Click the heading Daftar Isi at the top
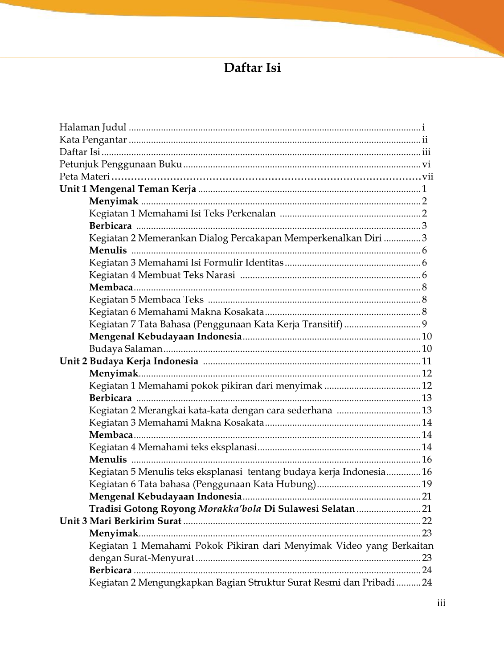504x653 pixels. (252, 68)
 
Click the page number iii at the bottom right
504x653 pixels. (441, 603)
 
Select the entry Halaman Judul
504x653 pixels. (93, 127)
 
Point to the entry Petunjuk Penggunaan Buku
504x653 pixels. (121, 164)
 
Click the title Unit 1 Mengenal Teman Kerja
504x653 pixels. (128, 189)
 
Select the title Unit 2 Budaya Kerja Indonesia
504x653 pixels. (129, 361)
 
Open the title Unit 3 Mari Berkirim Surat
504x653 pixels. (121, 521)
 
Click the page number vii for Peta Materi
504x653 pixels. (427, 177)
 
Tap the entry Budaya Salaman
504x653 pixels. (126, 349)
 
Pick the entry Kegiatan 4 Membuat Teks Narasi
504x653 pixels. (162, 275)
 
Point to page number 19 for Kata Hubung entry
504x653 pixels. (426, 484)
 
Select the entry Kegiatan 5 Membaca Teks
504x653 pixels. (146, 300)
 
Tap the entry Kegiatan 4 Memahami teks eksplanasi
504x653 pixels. (173, 447)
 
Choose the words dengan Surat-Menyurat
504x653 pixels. (142, 558)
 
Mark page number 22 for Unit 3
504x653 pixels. (426, 521)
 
